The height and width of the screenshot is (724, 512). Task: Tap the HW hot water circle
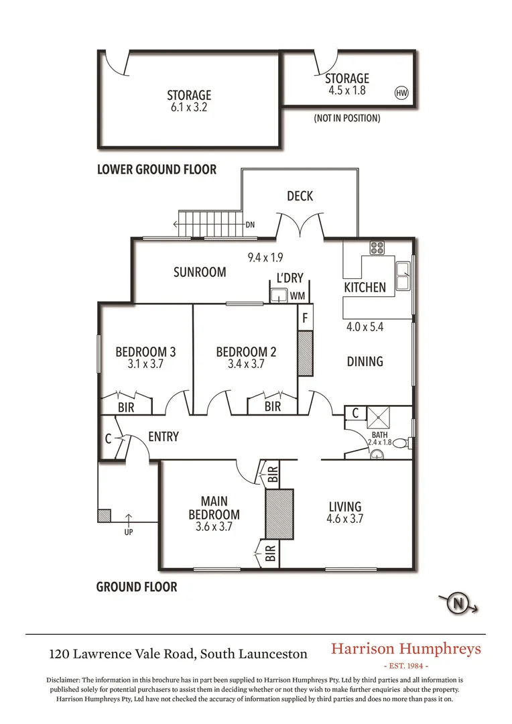401,93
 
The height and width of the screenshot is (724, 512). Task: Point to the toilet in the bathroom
401,443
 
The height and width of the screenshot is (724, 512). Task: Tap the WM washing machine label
298,296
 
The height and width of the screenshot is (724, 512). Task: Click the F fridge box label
305,318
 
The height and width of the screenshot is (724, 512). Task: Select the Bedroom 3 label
145,352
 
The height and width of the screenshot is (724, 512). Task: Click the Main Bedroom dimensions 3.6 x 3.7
214,527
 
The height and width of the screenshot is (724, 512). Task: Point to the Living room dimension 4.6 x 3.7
345,518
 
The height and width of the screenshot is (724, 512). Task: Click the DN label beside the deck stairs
251,225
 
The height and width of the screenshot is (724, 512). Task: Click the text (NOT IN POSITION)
346,118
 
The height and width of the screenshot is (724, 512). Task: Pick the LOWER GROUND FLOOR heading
157,170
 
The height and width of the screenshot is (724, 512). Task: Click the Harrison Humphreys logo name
406,649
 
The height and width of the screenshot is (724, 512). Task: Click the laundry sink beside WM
279,296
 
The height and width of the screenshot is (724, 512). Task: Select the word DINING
365,361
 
